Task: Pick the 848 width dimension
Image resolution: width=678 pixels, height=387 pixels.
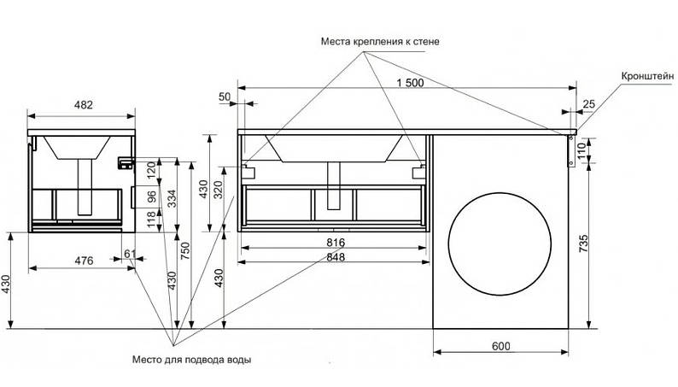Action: click(x=334, y=259)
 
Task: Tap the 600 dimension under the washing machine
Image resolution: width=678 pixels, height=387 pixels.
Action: click(x=501, y=345)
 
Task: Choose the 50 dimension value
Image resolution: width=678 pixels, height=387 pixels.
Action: click(x=225, y=97)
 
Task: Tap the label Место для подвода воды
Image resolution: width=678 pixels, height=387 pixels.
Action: click(x=192, y=360)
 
